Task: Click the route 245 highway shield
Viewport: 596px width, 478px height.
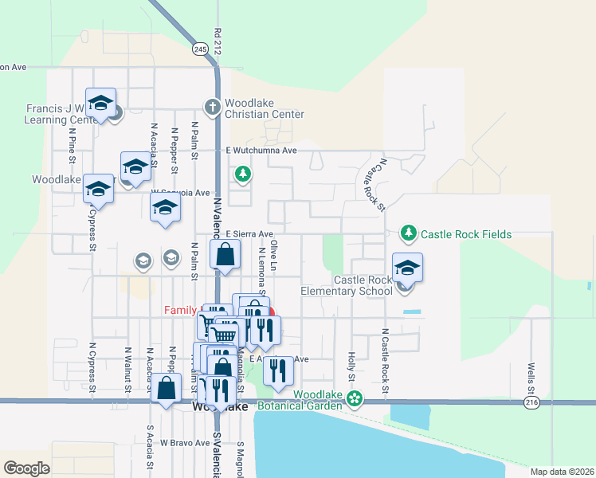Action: [199, 49]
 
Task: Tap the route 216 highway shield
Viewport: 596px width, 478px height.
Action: [531, 404]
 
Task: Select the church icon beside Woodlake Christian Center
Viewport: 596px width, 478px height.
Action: [212, 106]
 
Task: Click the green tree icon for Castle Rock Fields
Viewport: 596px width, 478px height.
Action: [408, 233]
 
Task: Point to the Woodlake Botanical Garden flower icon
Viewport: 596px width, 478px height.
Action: [356, 396]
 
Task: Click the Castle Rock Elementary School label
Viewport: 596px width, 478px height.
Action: [347, 285]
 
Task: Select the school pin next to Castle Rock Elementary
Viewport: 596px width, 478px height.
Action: [407, 268]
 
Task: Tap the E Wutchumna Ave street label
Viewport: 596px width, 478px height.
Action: [261, 150]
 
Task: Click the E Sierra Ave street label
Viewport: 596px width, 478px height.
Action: [249, 233]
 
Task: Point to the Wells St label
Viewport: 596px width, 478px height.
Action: [531, 378]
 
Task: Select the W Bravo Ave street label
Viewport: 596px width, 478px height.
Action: [183, 441]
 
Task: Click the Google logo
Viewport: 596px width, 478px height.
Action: [27, 468]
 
